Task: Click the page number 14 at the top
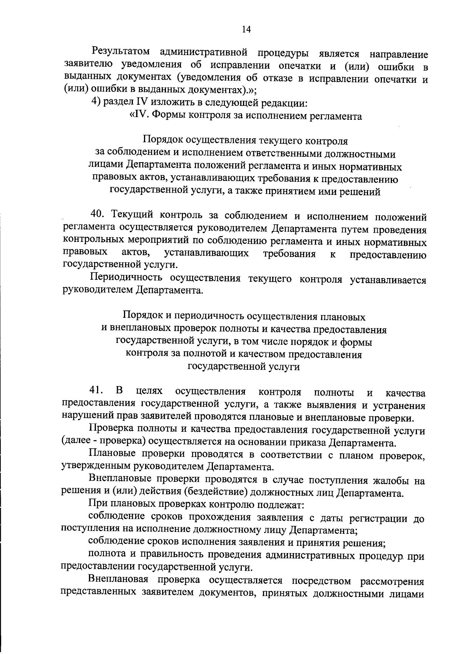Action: pyautogui.click(x=246, y=30)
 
